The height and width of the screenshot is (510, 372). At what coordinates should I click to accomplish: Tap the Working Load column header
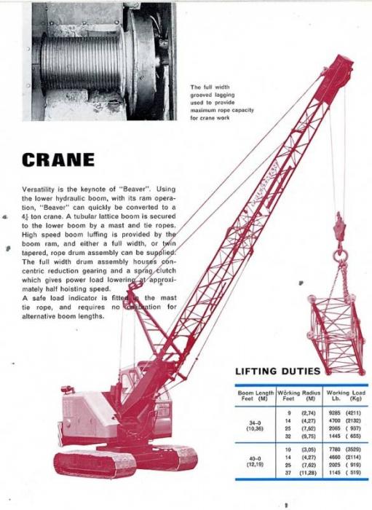[344, 396]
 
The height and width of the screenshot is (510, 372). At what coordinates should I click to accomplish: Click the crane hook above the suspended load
[338, 251]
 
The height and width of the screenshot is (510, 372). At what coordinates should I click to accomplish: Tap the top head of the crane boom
[338, 69]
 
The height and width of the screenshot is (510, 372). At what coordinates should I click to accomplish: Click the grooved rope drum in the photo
[80, 62]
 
